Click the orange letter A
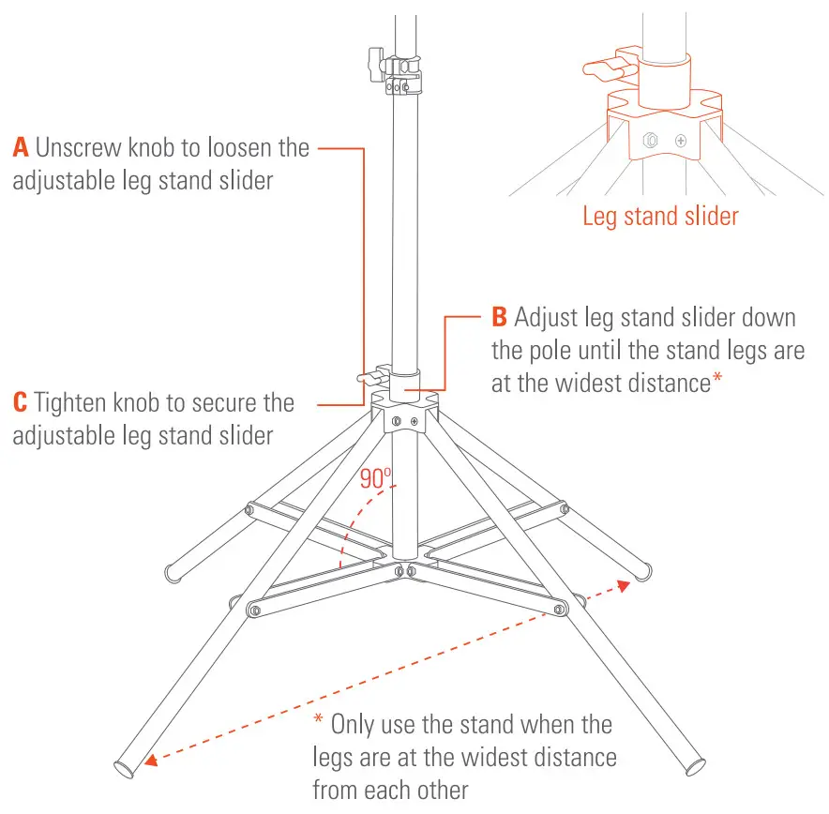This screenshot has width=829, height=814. [22, 148]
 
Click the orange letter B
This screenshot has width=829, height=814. [500, 318]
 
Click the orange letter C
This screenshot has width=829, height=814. [21, 404]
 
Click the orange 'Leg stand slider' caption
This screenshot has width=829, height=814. [660, 217]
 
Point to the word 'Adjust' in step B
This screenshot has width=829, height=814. [546, 319]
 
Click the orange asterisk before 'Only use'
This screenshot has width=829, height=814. [318, 724]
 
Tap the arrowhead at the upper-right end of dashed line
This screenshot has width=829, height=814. [622, 584]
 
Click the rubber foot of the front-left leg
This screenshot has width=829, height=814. [125, 769]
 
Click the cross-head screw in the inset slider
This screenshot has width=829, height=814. [680, 142]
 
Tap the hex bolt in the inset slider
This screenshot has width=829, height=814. [649, 142]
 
